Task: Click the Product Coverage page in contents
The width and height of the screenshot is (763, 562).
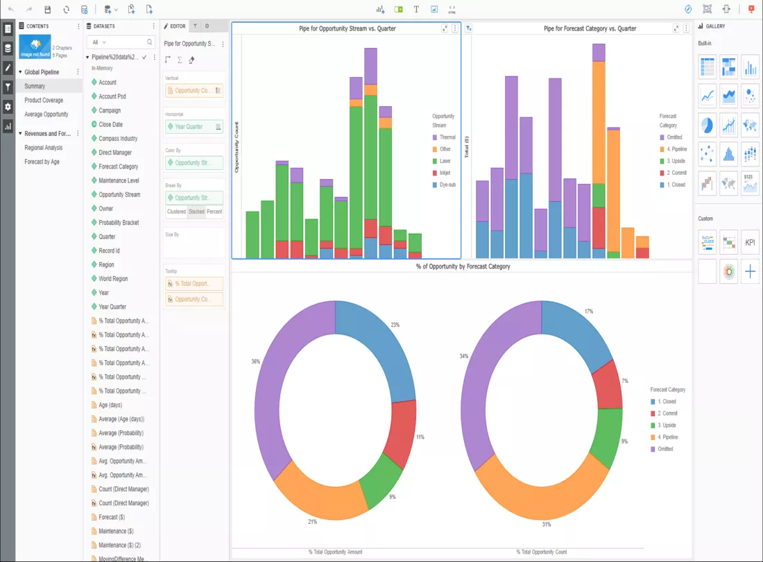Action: pyautogui.click(x=44, y=100)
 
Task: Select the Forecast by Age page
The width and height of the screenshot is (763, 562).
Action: pyautogui.click(x=42, y=162)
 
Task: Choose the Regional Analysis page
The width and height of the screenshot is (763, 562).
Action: pyautogui.click(x=44, y=148)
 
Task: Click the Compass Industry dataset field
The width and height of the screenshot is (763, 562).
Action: pyautogui.click(x=118, y=139)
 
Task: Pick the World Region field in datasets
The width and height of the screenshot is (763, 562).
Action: pyautogui.click(x=113, y=279)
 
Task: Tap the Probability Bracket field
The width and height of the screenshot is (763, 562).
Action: pyautogui.click(x=119, y=223)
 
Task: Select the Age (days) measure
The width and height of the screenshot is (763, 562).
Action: pyautogui.click(x=110, y=405)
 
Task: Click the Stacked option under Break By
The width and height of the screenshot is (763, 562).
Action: pyautogui.click(x=196, y=212)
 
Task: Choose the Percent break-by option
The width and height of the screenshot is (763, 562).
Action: pyautogui.click(x=214, y=212)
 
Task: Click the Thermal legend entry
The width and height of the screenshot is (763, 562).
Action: pyautogui.click(x=447, y=137)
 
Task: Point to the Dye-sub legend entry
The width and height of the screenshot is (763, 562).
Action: pyautogui.click(x=447, y=185)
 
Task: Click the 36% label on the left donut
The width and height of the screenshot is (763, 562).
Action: pyautogui.click(x=256, y=361)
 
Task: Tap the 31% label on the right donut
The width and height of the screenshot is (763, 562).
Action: pyautogui.click(x=547, y=525)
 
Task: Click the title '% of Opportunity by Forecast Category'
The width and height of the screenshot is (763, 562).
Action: pyautogui.click(x=463, y=266)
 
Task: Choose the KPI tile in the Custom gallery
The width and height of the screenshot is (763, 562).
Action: pyautogui.click(x=750, y=243)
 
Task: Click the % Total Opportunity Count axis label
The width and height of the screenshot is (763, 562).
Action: pyautogui.click(x=542, y=552)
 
